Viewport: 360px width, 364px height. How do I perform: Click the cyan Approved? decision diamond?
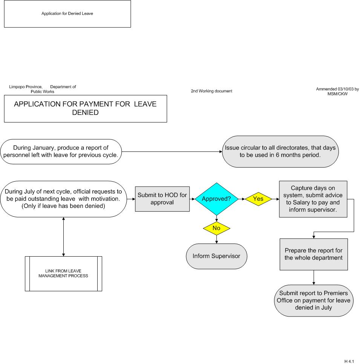pos(216,199)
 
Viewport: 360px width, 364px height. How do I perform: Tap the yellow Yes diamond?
pos(258,199)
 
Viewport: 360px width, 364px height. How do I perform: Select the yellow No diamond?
pos(216,228)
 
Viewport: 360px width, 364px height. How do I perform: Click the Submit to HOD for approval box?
pos(162,199)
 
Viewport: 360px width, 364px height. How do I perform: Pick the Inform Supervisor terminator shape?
pos(216,256)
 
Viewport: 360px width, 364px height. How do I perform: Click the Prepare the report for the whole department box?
pos(314,254)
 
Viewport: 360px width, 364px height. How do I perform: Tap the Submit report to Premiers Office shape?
pos(314,300)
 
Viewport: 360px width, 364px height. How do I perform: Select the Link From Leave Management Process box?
pos(63,274)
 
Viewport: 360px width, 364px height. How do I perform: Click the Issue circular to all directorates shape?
pos(280,151)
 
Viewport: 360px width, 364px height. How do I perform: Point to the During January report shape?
pos(61,151)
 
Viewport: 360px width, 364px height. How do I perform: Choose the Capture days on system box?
pos(313,199)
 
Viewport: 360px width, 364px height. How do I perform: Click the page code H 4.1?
pos(349,361)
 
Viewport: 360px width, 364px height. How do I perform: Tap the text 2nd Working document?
pos(211,91)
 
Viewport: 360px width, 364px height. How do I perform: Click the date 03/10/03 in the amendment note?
pos(346,89)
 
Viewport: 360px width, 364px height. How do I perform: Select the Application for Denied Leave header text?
pos(67,14)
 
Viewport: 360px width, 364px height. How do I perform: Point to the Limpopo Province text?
pos(26,87)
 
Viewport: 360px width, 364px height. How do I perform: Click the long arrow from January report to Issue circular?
pos(172,151)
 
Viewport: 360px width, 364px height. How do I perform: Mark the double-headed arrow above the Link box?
pos(63,237)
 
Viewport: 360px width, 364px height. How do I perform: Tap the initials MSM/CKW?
pos(337,94)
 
